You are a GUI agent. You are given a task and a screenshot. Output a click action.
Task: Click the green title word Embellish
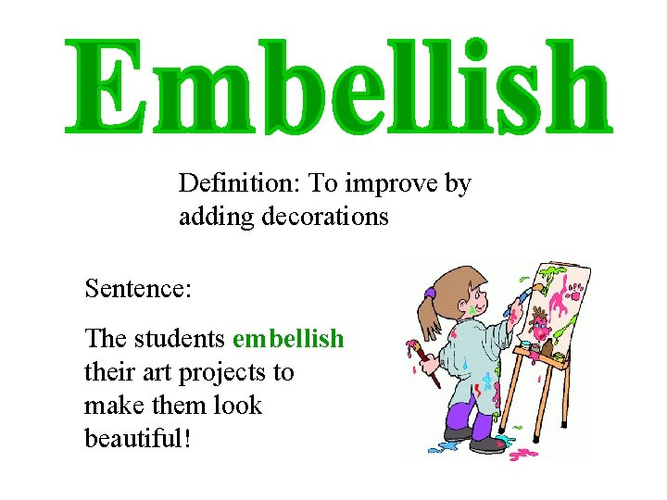(x=338, y=85)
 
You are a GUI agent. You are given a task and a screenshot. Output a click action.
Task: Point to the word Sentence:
(x=138, y=289)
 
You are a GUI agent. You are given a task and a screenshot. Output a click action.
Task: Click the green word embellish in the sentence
(x=288, y=339)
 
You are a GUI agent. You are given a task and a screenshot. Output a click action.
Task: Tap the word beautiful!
(x=138, y=438)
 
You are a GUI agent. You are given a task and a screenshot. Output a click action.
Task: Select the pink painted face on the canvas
(x=541, y=323)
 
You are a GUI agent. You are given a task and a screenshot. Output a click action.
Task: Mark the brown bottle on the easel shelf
(x=549, y=349)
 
